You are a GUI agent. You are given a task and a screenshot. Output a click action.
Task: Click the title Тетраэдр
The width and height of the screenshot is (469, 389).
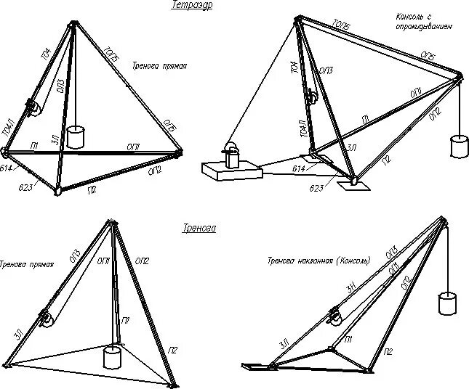pyautogui.click(x=188, y=6)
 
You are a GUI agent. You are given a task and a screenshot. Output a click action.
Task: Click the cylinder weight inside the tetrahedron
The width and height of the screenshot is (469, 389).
pyautogui.click(x=76, y=136)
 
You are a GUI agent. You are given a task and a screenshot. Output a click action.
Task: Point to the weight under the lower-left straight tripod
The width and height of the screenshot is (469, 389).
pyautogui.click(x=112, y=356)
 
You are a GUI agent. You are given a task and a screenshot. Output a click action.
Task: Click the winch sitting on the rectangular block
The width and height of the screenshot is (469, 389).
pyautogui.click(x=231, y=155)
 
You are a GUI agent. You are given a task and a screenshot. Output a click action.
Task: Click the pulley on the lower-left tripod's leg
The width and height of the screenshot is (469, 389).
pyautogui.click(x=47, y=319)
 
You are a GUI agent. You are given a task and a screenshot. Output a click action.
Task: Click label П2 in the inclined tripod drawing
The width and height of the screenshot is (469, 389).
pyautogui.click(x=389, y=351)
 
